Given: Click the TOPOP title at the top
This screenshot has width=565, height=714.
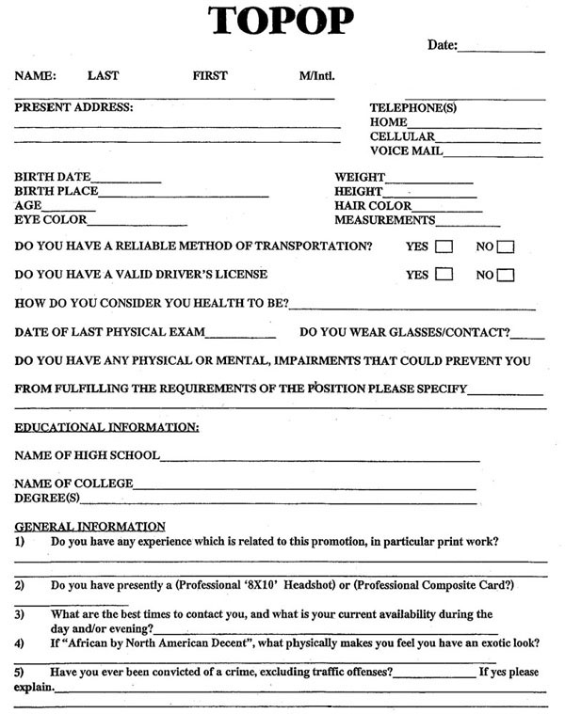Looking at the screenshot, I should pyautogui.click(x=282, y=21).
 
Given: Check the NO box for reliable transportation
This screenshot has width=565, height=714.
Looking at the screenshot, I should pyautogui.click(x=506, y=247).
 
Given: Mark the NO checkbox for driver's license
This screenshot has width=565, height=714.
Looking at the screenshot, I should pyautogui.click(x=506, y=276).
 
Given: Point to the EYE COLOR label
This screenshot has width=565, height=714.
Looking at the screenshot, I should pyautogui.click(x=50, y=220).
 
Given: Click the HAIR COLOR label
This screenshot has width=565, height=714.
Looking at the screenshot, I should pyautogui.click(x=373, y=206).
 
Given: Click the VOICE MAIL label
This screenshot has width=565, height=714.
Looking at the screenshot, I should pyautogui.click(x=406, y=151).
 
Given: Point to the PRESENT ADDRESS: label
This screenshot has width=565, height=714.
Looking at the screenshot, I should pyautogui.click(x=73, y=107).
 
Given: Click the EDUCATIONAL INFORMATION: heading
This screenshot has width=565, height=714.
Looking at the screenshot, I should pyautogui.click(x=106, y=428).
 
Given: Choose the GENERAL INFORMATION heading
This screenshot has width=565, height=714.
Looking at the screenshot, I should pyautogui.click(x=89, y=526).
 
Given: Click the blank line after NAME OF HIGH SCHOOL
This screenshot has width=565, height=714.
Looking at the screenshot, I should pyautogui.click(x=320, y=459).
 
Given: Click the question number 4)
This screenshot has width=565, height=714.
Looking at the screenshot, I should pyautogui.click(x=20, y=643).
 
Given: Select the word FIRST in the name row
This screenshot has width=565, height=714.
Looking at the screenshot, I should pyautogui.click(x=210, y=75).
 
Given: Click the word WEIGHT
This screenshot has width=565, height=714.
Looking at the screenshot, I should pyautogui.click(x=360, y=177).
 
